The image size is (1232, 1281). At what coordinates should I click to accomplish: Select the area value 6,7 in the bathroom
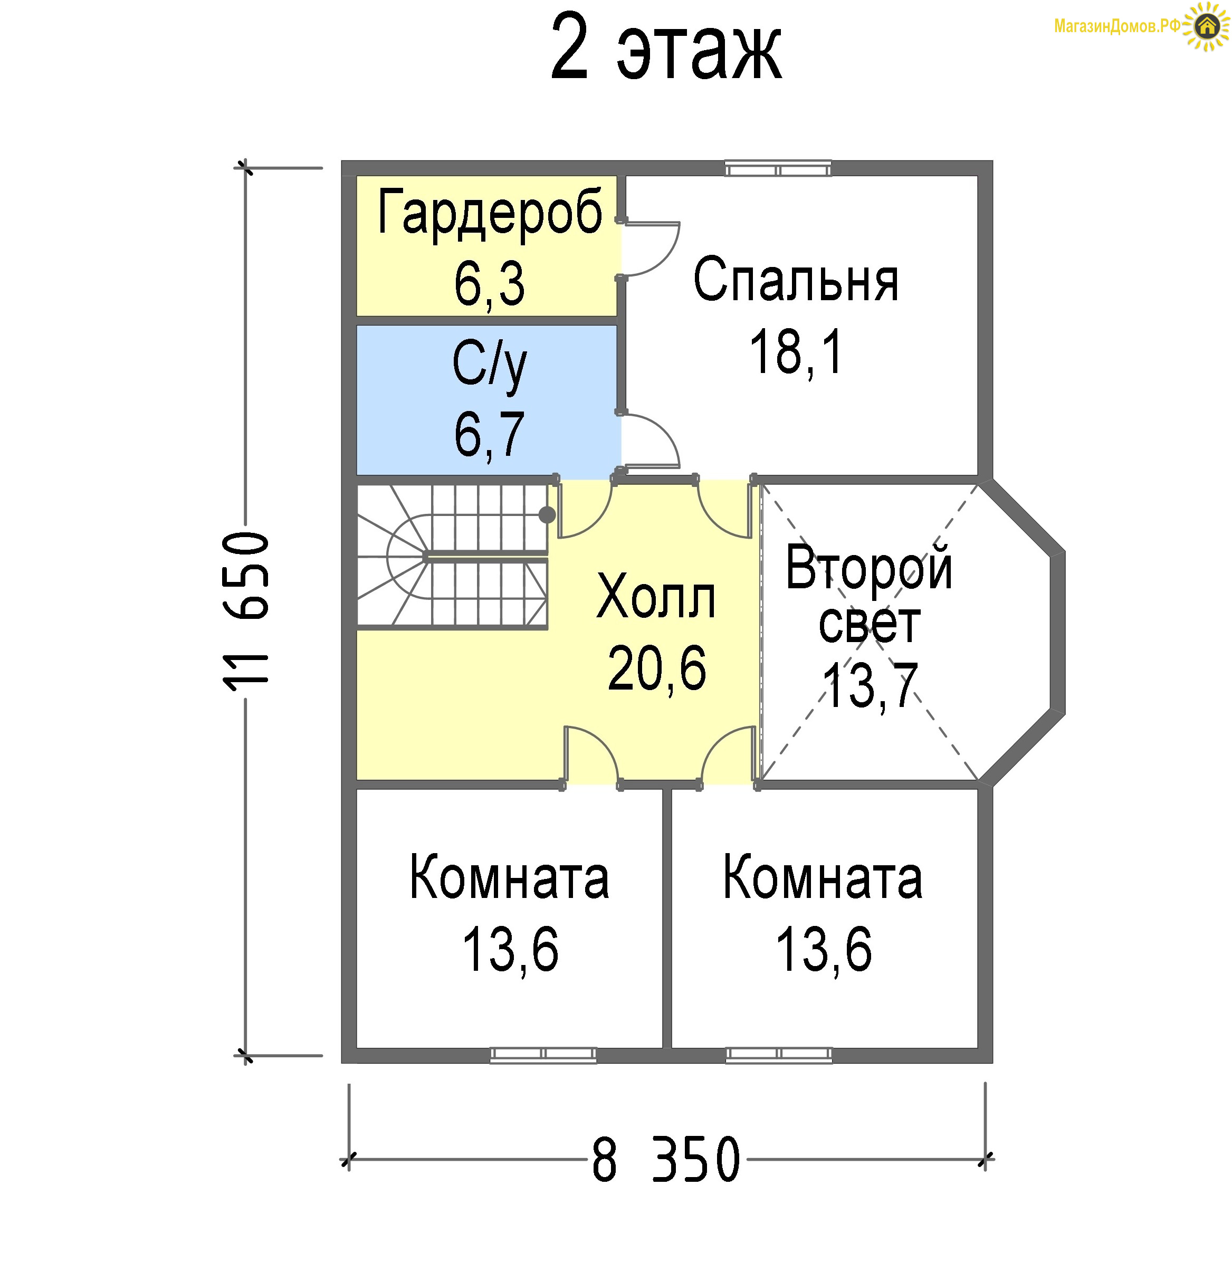pyautogui.click(x=490, y=435)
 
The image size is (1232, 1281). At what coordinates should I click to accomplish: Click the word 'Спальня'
pyautogui.click(x=796, y=279)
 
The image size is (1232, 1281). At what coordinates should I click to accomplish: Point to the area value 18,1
pyautogui.click(x=796, y=352)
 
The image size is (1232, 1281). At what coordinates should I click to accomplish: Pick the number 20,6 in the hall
pyautogui.click(x=657, y=668)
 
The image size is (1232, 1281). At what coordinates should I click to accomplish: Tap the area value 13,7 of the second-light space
pyautogui.click(x=870, y=685)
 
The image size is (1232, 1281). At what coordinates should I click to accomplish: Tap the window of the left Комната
pyautogui.click(x=543, y=1055)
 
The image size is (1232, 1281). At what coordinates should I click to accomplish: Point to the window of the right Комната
pyautogui.click(x=778, y=1055)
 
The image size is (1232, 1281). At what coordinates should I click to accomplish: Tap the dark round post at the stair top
pyautogui.click(x=547, y=515)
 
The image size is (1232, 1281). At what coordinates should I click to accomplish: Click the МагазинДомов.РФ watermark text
pyautogui.click(x=1118, y=26)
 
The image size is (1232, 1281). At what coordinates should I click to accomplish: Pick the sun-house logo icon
pyautogui.click(x=1207, y=26)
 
